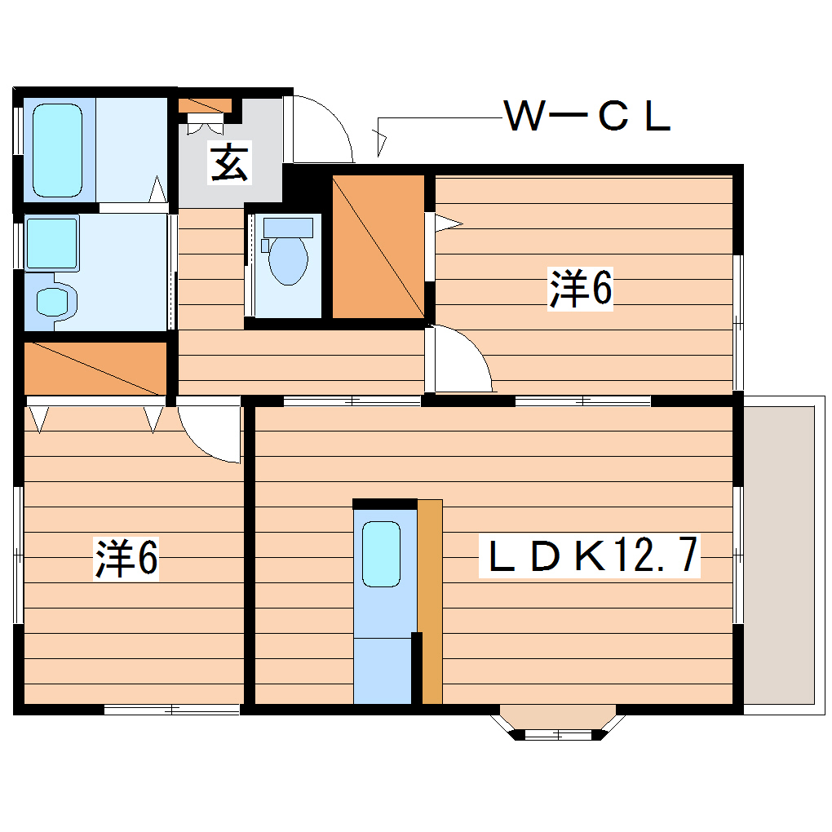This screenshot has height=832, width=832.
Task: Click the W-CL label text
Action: click(x=587, y=117)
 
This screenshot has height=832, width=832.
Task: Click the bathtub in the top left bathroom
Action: click(x=58, y=149)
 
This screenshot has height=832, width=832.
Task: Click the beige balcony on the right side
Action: click(x=779, y=554)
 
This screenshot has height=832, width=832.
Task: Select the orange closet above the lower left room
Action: click(x=95, y=368)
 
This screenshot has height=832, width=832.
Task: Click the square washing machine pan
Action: click(x=51, y=243)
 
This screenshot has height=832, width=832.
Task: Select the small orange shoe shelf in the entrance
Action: click(x=205, y=105)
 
